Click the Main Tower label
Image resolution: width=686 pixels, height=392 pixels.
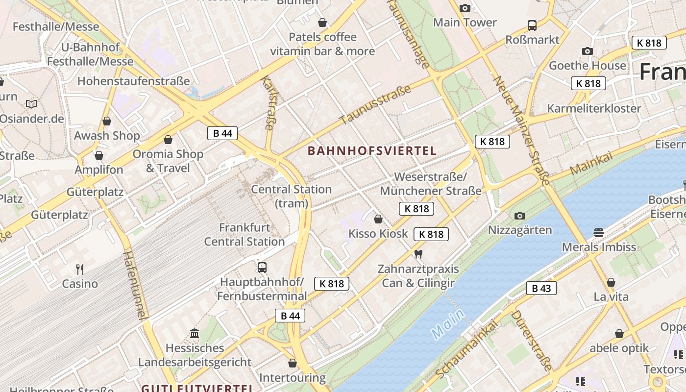pos(465,23)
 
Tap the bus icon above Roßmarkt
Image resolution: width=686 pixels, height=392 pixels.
pos(532,25)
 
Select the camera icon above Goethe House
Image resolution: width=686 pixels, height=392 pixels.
pos(587,51)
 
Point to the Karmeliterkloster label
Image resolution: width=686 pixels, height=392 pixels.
pos(594,108)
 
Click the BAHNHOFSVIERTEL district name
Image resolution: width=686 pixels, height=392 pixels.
pos(372,151)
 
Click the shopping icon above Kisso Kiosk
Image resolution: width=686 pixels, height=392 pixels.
pos(378,219)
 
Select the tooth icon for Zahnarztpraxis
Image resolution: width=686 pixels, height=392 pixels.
pos(418,254)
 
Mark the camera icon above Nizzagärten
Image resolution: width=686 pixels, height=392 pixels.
pos(519,216)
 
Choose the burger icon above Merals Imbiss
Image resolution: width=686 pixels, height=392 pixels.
pos(598,232)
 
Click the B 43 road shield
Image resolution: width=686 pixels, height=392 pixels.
pos(541,288)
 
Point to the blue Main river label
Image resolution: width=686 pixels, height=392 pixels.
pos(447,324)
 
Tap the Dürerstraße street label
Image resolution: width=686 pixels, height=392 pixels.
pos(531,339)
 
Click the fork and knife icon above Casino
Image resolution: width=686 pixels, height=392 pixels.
pos(80,269)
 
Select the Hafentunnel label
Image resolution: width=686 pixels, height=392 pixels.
pos(135,284)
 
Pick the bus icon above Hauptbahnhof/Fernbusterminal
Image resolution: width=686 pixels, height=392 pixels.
pos(262,267)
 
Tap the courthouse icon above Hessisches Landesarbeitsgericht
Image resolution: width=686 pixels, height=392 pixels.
pos(195,334)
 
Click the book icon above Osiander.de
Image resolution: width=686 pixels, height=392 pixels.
pos(31,104)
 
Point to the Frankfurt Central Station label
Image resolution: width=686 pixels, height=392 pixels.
pos(245,235)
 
